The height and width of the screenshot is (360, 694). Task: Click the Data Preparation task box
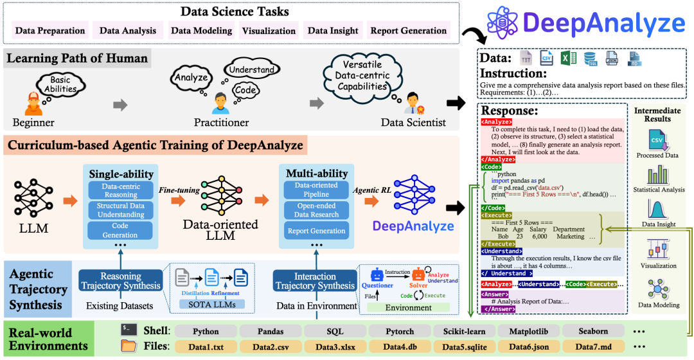click(x=50, y=30)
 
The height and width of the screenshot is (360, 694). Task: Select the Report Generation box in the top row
click(x=408, y=30)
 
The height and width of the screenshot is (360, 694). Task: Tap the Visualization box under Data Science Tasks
click(x=268, y=30)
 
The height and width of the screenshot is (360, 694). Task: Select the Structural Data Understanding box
click(x=121, y=210)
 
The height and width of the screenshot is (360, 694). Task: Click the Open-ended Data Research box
click(x=316, y=210)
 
